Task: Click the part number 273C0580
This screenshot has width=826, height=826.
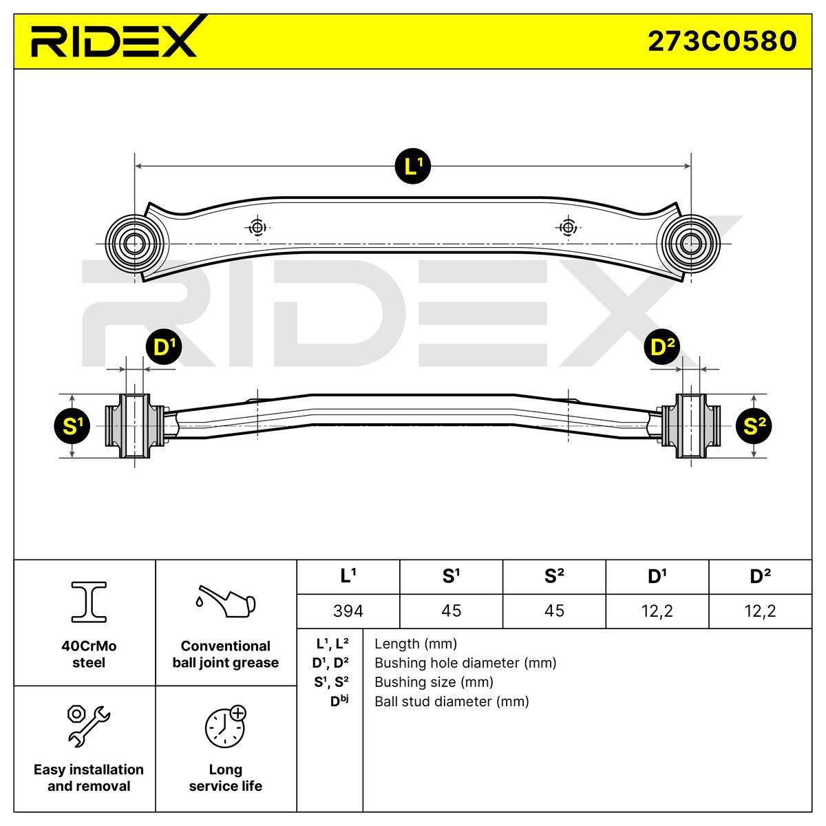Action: click(x=721, y=41)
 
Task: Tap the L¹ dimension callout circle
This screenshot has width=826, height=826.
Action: click(x=412, y=166)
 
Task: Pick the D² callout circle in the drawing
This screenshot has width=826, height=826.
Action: click(x=661, y=348)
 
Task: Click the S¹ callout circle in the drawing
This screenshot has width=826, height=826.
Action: click(x=72, y=426)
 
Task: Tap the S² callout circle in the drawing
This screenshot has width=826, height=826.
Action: click(x=754, y=426)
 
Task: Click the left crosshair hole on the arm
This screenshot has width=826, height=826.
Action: click(x=258, y=227)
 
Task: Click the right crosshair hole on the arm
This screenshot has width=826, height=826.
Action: click(x=568, y=227)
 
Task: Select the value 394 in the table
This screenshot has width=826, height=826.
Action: click(x=348, y=611)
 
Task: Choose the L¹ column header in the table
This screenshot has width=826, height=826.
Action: click(x=348, y=576)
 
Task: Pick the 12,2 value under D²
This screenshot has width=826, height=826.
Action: click(x=760, y=611)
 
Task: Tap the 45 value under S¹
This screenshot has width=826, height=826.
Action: click(x=451, y=611)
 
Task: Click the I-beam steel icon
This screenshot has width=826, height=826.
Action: click(x=89, y=600)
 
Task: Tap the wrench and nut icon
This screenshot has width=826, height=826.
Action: click(x=88, y=726)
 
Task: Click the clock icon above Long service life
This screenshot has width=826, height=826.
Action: click(x=225, y=727)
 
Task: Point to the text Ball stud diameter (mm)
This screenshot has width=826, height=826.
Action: click(x=452, y=701)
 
